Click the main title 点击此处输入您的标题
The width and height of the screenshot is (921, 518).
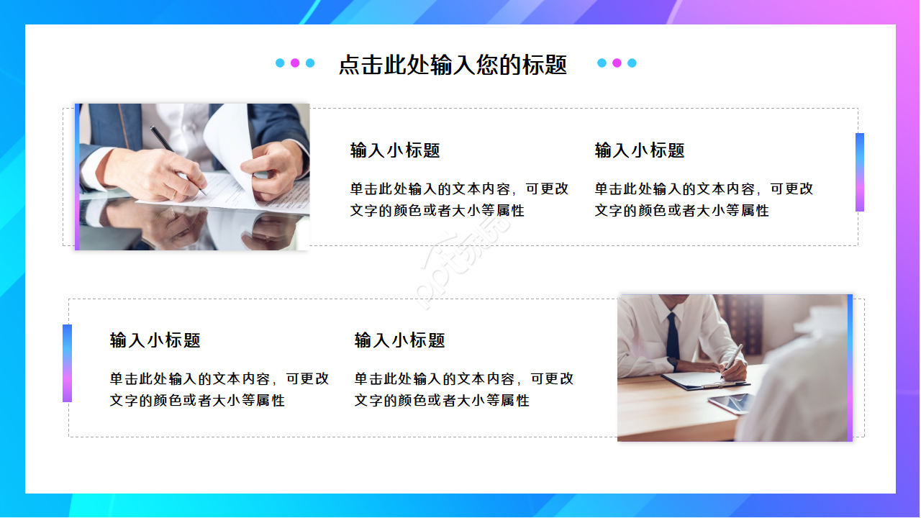(x=453, y=65)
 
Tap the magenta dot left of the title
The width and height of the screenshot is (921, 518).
(x=295, y=63)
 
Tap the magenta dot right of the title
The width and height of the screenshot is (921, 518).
(x=617, y=63)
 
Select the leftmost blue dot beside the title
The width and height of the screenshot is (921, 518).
(x=280, y=63)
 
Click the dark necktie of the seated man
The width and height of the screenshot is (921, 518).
(x=672, y=337)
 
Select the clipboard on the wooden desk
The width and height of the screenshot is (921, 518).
(x=694, y=381)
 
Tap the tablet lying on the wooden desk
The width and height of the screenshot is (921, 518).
(x=730, y=403)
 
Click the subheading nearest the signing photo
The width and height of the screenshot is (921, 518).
(x=395, y=150)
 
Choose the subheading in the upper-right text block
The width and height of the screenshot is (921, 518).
(x=640, y=150)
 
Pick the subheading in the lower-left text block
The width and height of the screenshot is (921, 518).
(x=155, y=340)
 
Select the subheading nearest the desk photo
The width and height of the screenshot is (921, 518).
(x=399, y=340)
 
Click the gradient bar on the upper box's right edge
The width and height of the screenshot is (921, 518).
(x=859, y=172)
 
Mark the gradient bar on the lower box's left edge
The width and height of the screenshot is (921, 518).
(x=67, y=363)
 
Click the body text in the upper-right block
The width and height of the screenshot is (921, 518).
(x=704, y=199)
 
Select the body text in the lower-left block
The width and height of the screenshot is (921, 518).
(x=219, y=389)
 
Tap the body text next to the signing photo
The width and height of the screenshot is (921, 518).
(x=459, y=199)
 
